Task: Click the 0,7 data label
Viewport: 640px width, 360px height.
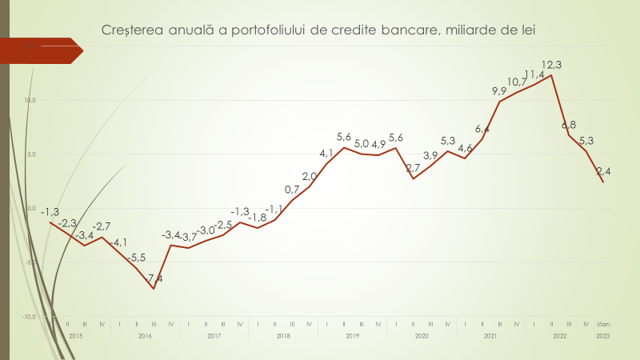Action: coord(292,190)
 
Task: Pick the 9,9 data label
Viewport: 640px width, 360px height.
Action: coord(499,91)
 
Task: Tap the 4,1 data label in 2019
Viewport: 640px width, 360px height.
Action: coord(326,153)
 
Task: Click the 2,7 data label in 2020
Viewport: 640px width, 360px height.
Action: coord(414,168)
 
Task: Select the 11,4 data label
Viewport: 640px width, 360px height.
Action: coord(534,75)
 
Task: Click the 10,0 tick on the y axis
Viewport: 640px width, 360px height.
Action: coord(29,101)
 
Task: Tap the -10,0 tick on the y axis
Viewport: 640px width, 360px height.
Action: coord(28,317)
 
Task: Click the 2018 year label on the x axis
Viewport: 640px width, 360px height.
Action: coord(283,335)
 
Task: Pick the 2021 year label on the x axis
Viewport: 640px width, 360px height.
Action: coord(490,335)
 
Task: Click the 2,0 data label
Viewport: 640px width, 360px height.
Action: coord(310,177)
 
